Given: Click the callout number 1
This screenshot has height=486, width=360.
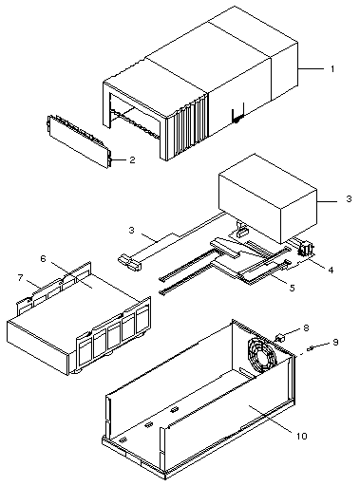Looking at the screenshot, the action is tap(332, 68).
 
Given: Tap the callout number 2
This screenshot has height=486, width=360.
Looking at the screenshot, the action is tap(132, 159).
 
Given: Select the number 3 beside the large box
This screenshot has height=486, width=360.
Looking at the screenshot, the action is tap(349, 199).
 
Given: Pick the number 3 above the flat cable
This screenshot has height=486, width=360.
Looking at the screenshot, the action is tap(132, 230).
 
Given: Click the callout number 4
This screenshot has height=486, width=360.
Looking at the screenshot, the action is tap(331, 270).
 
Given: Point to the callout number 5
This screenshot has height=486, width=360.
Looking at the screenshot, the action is tap(292, 288).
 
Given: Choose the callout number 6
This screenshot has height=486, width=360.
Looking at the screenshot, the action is tap(43, 259).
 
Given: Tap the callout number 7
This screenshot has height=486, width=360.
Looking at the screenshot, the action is tap(21, 278).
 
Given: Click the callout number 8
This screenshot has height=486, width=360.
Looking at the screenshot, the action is tap(306, 327).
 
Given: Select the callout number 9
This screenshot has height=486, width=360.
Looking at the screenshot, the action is tap(335, 343).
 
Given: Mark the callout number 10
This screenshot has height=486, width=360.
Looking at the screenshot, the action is tap(302, 436).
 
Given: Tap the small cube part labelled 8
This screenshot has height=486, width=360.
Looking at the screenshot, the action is tap(281, 338).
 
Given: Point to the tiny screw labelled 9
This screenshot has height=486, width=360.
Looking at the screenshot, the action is tap(311, 348).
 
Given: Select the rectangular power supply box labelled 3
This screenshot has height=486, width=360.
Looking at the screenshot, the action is tap(268, 198).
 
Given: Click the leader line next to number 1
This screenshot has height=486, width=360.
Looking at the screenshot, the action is tap(311, 68).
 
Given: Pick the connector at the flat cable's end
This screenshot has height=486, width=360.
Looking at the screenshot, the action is tap(129, 262).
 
